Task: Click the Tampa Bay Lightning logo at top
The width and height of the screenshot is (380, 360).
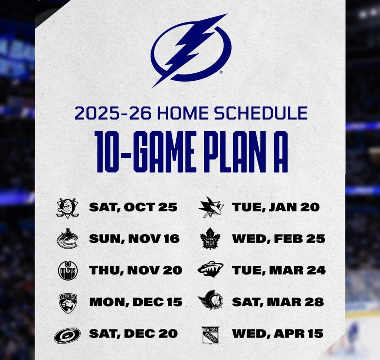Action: (191, 50)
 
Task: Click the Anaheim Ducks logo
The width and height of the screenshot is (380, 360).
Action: (68, 208)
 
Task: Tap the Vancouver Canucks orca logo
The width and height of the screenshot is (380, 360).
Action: (67, 239)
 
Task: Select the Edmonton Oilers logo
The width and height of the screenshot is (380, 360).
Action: (68, 270)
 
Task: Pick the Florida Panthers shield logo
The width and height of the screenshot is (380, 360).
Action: (68, 303)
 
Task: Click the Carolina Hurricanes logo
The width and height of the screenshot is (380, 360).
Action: (67, 335)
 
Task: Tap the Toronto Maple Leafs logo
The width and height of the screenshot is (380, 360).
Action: (210, 239)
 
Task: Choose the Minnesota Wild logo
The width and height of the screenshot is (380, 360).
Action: (210, 270)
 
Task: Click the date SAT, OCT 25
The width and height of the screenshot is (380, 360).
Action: (133, 207)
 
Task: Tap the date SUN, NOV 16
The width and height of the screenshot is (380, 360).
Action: (134, 239)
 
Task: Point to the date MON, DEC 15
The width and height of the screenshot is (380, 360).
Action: (135, 302)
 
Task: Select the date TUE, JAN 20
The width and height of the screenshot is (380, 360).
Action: (275, 207)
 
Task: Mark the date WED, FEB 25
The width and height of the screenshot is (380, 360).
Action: (278, 239)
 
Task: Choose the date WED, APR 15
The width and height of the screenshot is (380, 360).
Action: (277, 334)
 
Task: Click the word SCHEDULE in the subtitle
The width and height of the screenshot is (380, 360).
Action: (261, 113)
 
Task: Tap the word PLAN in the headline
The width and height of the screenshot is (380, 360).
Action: (229, 152)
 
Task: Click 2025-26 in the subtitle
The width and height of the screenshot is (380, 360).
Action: (113, 113)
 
